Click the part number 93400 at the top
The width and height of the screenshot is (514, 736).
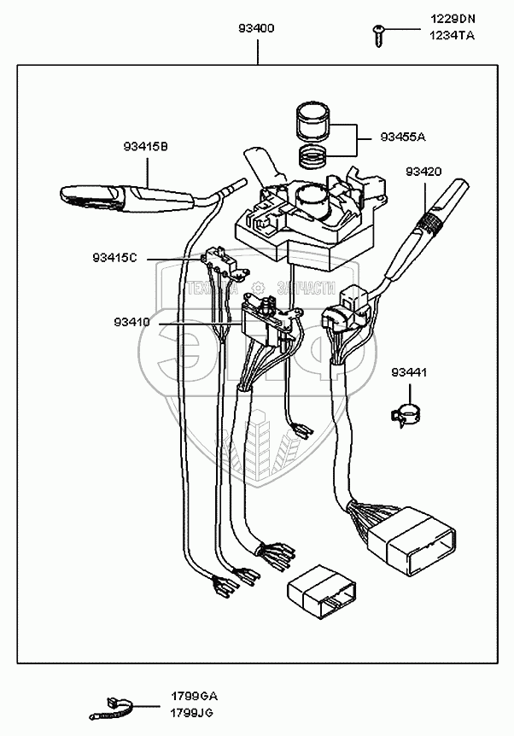(256, 28)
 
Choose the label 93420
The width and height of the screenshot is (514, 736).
(423, 171)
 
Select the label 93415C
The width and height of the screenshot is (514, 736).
(116, 257)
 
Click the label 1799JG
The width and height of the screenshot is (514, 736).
(194, 711)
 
